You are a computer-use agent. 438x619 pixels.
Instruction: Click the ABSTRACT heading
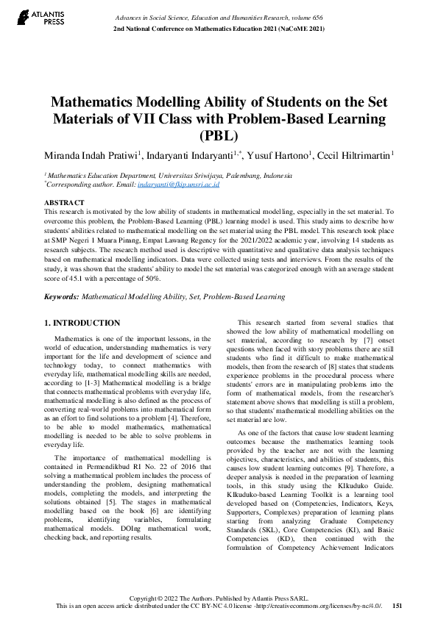[64, 201]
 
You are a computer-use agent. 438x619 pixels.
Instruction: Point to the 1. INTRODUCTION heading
[82, 323]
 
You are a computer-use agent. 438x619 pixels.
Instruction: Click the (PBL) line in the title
[219, 135]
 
